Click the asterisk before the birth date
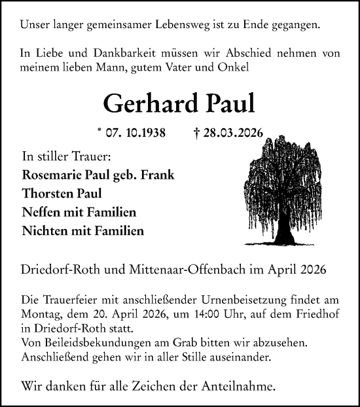tap(99, 132)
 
